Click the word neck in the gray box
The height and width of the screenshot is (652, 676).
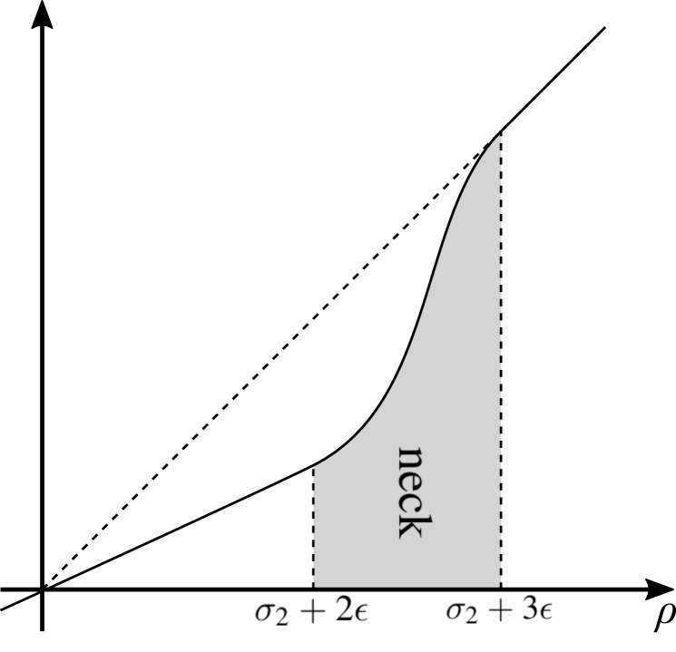pyautogui.click(x=409, y=492)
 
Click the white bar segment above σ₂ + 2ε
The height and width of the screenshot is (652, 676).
pyautogui.click(x=279, y=581)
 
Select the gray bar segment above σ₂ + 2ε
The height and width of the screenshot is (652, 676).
pyautogui.click(x=343, y=581)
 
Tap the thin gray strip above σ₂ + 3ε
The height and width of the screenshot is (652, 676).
pyautogui.click(x=469, y=585)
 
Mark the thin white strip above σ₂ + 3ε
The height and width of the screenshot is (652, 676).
pyautogui.click(x=529, y=585)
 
